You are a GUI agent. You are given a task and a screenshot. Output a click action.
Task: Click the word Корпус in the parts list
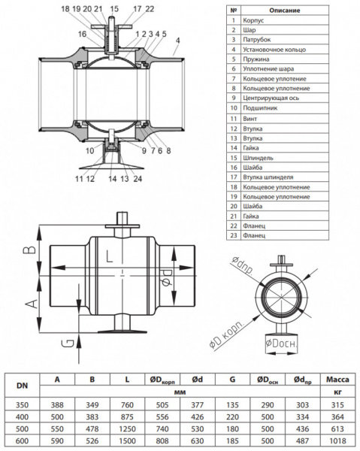(x=253, y=20)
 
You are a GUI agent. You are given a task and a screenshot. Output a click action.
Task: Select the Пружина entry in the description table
(x=256, y=59)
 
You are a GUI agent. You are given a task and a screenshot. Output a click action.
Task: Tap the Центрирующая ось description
(x=271, y=98)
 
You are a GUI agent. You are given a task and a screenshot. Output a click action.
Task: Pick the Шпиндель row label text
(x=258, y=158)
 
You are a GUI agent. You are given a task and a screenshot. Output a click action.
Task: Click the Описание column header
(x=284, y=11)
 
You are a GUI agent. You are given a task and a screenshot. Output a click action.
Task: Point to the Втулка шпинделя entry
(x=268, y=177)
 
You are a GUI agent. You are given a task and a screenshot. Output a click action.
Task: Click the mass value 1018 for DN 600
(x=337, y=440)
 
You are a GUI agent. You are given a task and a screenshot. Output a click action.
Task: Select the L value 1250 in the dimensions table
(x=127, y=429)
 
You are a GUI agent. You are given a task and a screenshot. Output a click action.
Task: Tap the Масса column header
(x=337, y=380)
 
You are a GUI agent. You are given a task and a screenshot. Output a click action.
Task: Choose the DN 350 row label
(x=22, y=405)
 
